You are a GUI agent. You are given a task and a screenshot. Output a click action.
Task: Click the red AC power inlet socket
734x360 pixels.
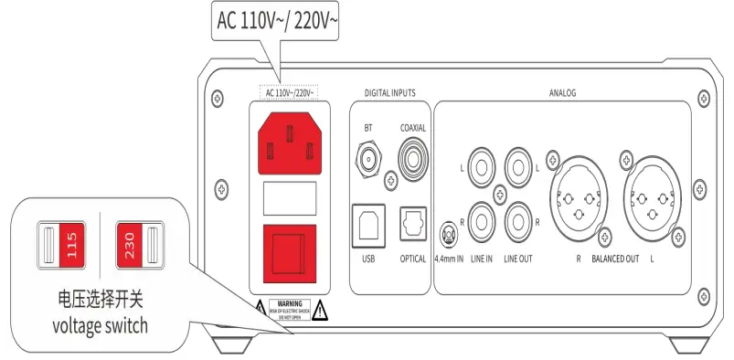pyautogui.click(x=289, y=142)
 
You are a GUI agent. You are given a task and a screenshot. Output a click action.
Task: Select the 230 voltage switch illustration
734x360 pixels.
pyautogui.click(x=136, y=248)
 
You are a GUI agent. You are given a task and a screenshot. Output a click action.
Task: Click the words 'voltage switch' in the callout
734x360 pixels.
pyautogui.click(x=100, y=326)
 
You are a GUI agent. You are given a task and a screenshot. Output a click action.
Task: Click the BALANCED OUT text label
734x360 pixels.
pyautogui.click(x=615, y=259)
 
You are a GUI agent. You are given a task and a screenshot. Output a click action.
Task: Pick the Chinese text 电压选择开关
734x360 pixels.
pyautogui.click(x=100, y=301)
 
